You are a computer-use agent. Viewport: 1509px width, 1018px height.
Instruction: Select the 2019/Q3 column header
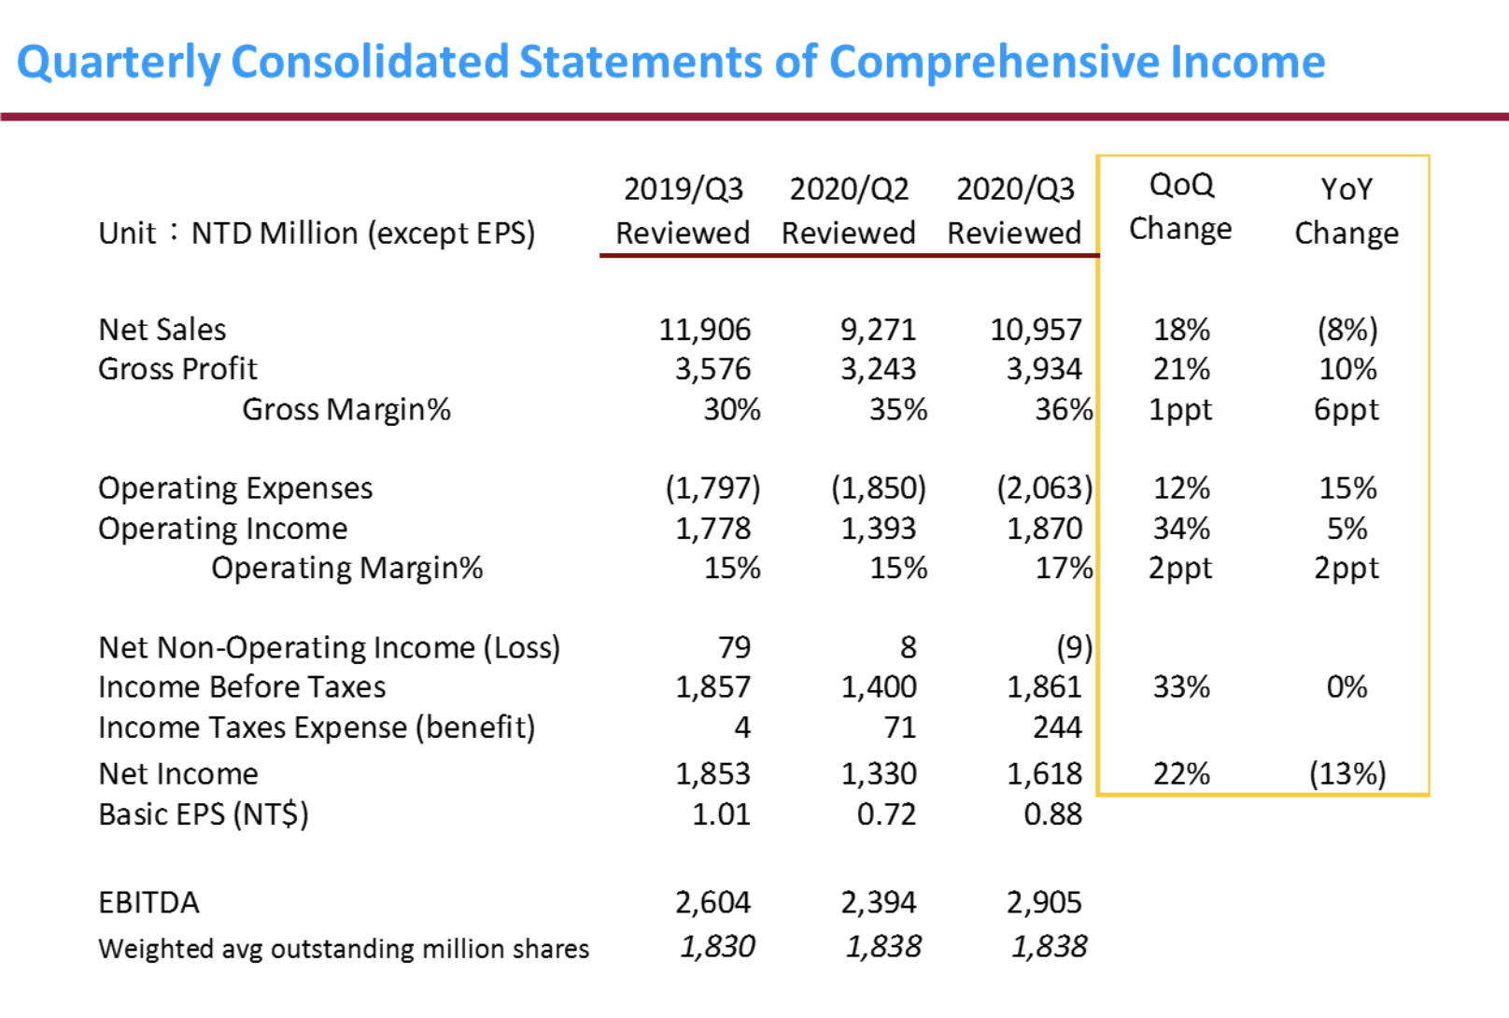click(x=683, y=210)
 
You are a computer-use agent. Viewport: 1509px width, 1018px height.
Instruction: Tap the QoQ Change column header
click(x=1180, y=206)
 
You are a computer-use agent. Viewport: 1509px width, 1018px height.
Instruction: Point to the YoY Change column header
click(x=1346, y=210)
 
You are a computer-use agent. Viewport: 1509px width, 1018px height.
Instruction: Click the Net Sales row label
click(x=162, y=330)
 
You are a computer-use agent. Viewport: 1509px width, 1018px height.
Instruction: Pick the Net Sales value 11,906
click(x=704, y=330)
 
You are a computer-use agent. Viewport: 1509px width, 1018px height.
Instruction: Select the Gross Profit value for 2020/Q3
click(x=1043, y=370)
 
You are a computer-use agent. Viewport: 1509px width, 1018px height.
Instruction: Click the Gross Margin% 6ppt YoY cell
click(x=1346, y=410)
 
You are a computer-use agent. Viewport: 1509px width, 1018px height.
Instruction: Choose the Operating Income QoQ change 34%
click(x=1181, y=529)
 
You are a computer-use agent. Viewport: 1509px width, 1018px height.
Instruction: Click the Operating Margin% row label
click(x=346, y=568)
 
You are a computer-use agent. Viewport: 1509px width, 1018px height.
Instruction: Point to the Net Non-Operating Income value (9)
click(x=1074, y=647)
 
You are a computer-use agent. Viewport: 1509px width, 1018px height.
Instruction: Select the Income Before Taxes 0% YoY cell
click(x=1347, y=687)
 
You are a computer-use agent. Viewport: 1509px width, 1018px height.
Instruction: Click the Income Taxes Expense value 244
click(x=1057, y=728)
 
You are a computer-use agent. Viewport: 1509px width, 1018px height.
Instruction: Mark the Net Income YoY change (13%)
click(x=1347, y=774)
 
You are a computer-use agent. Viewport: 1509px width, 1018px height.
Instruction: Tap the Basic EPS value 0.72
click(x=886, y=814)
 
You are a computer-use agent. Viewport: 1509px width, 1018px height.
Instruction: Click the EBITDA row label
click(x=148, y=903)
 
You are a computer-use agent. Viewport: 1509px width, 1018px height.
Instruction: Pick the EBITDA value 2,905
click(x=1043, y=903)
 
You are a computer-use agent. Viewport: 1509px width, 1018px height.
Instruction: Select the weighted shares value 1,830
click(x=716, y=947)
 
